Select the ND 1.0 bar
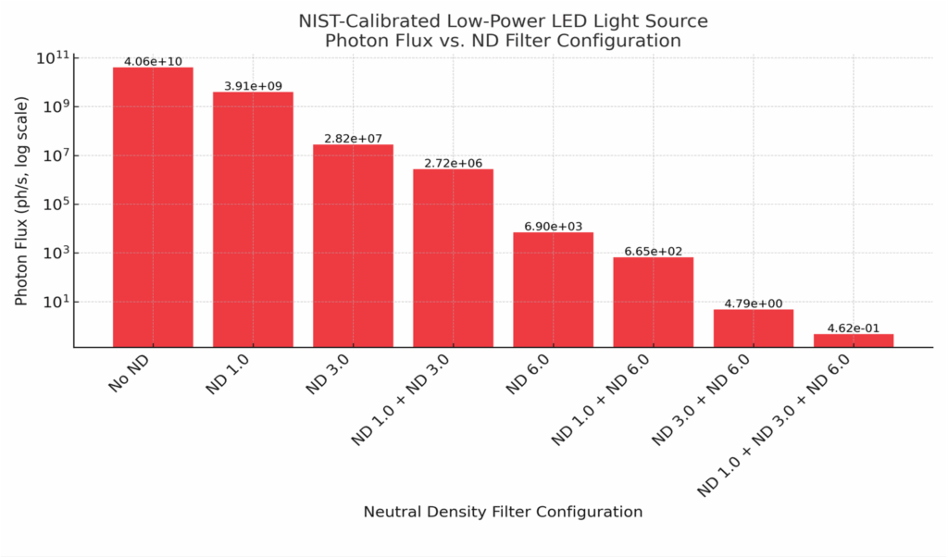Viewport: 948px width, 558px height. (253, 219)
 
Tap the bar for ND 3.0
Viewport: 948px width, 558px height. (353, 245)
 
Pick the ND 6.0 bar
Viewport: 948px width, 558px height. (553, 289)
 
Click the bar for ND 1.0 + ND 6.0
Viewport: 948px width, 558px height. (653, 302)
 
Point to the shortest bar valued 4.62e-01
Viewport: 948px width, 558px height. (853, 341)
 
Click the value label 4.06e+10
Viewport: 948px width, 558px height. (153, 61)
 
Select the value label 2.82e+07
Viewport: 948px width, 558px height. (353, 139)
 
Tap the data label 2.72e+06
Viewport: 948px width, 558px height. (453, 163)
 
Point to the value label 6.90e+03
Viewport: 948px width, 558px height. (553, 226)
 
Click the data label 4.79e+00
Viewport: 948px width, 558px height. (753, 304)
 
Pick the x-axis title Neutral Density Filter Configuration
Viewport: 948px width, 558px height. (503, 512)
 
